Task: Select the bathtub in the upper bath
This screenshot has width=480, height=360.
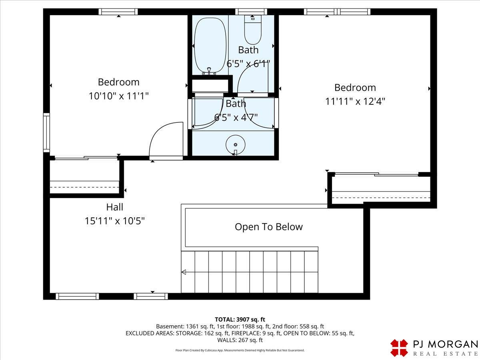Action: coord(210,46)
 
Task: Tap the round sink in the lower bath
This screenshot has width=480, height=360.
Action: coord(235,145)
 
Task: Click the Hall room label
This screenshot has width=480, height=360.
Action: coord(114,207)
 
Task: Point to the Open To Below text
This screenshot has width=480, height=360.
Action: coord(269,227)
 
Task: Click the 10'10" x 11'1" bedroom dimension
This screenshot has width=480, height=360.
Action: coord(118,96)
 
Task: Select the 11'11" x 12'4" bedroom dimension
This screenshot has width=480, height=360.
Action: coord(355,102)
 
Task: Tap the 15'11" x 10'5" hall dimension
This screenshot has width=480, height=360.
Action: coord(114,221)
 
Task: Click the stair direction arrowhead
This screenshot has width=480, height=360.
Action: coord(184,272)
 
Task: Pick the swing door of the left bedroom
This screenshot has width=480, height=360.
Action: coord(166,140)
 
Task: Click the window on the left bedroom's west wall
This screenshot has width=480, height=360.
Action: coord(46,132)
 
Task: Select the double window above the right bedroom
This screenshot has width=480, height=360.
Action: coord(337,12)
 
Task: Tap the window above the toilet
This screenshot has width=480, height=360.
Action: coord(251,12)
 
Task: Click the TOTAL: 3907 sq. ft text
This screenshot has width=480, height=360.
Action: coord(240,320)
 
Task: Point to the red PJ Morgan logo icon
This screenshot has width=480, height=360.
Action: coord(399,348)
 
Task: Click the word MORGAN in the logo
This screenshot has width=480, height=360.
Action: coord(452,344)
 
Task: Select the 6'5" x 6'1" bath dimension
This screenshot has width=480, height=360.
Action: coord(248,64)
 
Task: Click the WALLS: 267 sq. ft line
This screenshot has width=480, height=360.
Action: coord(240,340)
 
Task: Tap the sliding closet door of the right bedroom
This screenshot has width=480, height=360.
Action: coord(376,174)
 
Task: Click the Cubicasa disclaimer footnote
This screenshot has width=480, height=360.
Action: coord(240,350)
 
